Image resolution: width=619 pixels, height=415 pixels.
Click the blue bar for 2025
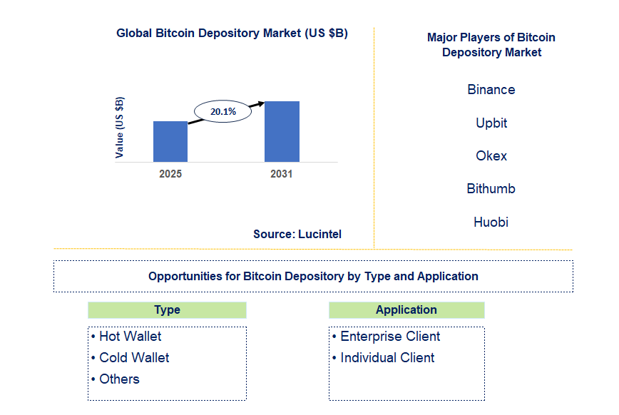(x=170, y=141)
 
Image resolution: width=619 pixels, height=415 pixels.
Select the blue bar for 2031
(x=282, y=131)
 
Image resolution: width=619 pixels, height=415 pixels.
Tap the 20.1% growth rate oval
(x=223, y=112)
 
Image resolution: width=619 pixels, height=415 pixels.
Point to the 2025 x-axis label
(x=170, y=173)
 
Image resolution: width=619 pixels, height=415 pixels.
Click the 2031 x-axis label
(x=281, y=173)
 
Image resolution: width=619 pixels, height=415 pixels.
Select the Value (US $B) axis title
(x=120, y=127)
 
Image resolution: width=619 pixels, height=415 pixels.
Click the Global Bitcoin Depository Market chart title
(x=232, y=34)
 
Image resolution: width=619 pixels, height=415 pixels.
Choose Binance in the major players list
(x=491, y=90)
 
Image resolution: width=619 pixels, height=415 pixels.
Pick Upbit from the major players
(x=491, y=123)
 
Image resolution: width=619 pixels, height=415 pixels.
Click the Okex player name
(x=491, y=155)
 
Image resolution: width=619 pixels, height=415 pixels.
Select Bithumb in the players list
(x=491, y=189)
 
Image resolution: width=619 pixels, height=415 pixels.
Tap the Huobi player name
(x=491, y=222)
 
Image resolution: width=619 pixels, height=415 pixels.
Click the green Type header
(x=167, y=310)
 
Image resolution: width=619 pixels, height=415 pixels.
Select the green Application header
(x=406, y=310)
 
